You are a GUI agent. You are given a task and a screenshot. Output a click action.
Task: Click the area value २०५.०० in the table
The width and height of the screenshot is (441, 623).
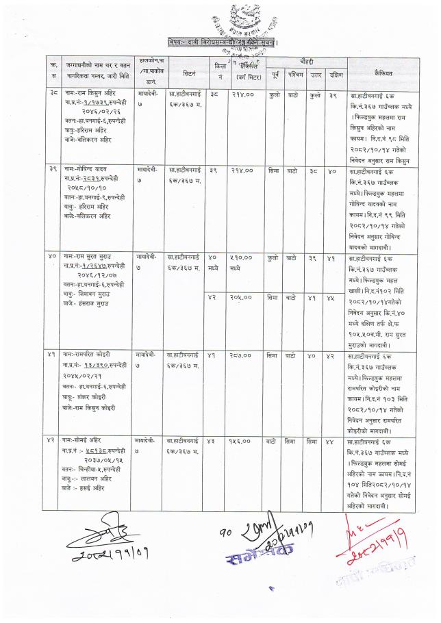click(241, 298)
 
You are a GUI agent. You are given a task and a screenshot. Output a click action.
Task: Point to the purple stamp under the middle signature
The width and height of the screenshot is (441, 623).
click(252, 550)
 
